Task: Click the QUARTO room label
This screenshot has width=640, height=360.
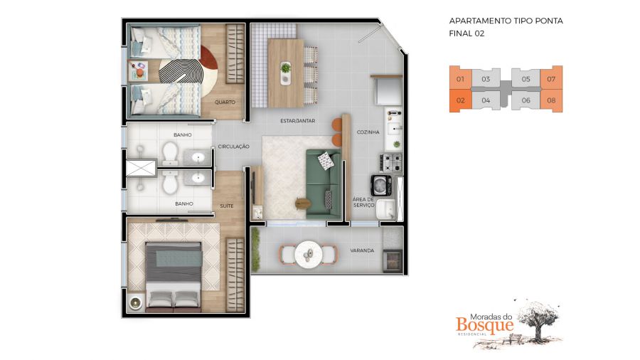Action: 225,102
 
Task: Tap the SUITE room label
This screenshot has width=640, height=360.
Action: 227,206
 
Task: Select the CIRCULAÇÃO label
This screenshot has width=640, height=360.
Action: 233,147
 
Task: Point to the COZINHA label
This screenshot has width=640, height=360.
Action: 368,132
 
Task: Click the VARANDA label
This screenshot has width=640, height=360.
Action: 362,250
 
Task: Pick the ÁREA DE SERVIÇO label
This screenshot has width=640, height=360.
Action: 363,203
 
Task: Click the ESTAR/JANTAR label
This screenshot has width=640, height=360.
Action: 297,121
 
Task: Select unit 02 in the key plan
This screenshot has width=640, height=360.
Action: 460,100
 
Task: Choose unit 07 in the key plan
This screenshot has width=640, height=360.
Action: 551,79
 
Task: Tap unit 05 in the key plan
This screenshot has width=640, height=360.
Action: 526,79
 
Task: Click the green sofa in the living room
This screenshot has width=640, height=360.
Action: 324,184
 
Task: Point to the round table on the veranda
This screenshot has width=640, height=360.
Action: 309,255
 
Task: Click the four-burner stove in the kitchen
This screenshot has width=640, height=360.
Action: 391,162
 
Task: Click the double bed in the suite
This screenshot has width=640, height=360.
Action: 174,276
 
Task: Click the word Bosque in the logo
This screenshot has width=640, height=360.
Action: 484,325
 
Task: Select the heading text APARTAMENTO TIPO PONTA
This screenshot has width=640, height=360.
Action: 506,21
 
